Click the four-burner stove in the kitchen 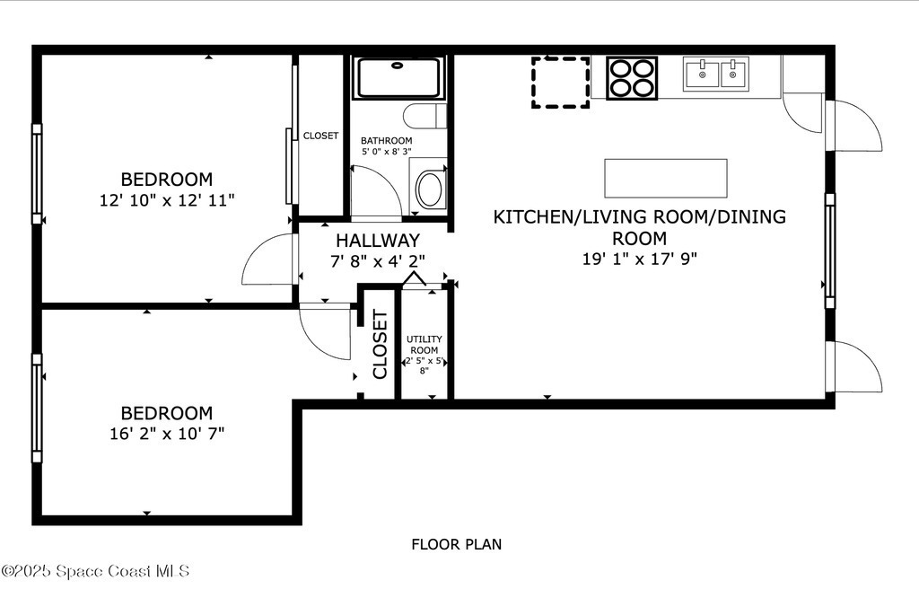click(x=632, y=78)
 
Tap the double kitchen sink click(x=715, y=75)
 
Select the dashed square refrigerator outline click(x=560, y=82)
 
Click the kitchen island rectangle click(x=666, y=178)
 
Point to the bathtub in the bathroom click(x=398, y=77)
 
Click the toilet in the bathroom click(x=424, y=116)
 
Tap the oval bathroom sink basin click(x=430, y=189)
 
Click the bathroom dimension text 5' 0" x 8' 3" click(x=386, y=151)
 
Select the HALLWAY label click(x=378, y=241)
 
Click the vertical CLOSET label click(x=380, y=345)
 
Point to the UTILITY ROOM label click(x=424, y=344)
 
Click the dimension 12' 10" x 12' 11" click(x=167, y=200)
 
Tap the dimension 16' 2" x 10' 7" click(x=167, y=434)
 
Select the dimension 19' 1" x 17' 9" click(x=639, y=259)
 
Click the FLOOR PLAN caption click(x=457, y=545)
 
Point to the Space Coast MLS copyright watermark click(x=95, y=571)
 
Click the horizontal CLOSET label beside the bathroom click(x=320, y=136)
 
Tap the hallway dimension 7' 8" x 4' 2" click(x=378, y=261)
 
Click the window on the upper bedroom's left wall click(x=37, y=174)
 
